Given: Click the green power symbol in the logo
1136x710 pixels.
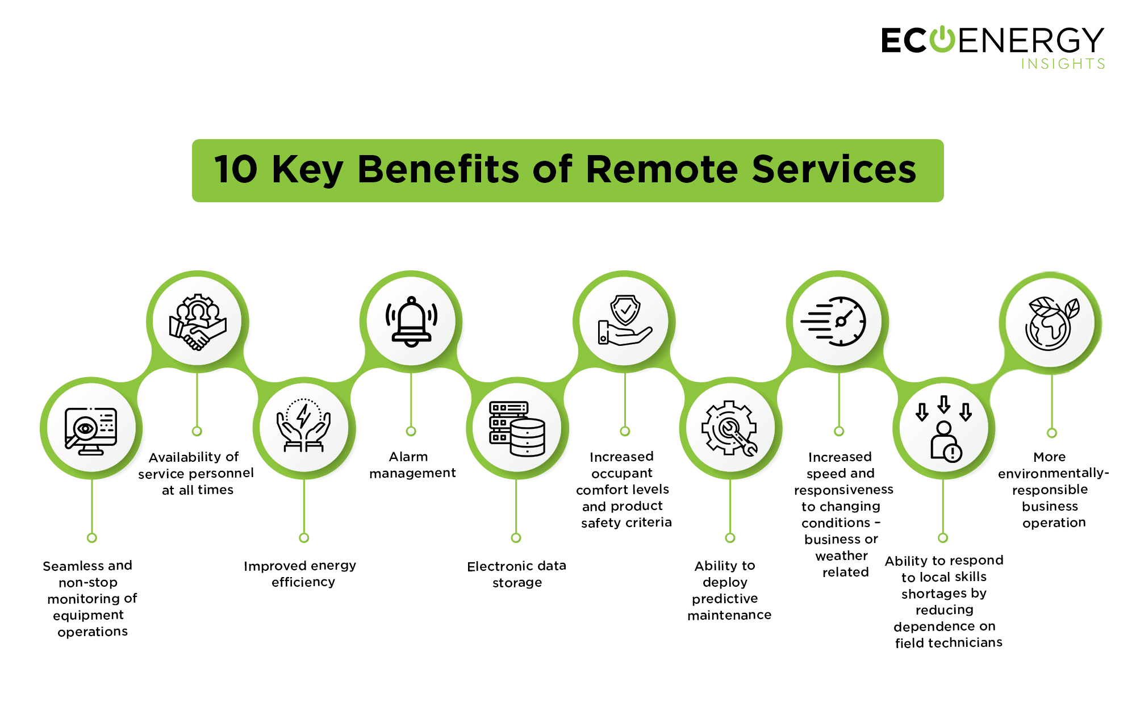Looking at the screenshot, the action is coord(942,39).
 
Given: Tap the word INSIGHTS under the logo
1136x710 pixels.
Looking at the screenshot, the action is coord(1063,64).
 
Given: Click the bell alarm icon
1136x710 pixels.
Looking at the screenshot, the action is coord(411,321).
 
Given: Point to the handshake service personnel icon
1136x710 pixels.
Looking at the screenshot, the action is coord(198,321).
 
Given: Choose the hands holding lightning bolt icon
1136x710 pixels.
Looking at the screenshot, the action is coord(304,425).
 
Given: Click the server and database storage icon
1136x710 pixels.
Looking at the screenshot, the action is coord(517,429).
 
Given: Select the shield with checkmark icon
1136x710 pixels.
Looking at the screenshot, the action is coord(624,320).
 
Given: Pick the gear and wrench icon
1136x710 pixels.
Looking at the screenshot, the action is coord(729,428).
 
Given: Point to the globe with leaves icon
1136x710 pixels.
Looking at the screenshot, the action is coord(1053,323).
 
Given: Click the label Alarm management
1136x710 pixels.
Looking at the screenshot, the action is coord(412,465).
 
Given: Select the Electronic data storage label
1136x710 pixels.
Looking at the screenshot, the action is coord(517,574).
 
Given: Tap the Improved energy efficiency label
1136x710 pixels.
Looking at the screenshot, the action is coord(300,574).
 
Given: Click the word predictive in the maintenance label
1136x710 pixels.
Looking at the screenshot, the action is coord(725,599).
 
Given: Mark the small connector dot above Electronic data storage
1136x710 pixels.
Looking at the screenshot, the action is coord(516,537).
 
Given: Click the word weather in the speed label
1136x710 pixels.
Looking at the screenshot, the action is coord(841,556).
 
